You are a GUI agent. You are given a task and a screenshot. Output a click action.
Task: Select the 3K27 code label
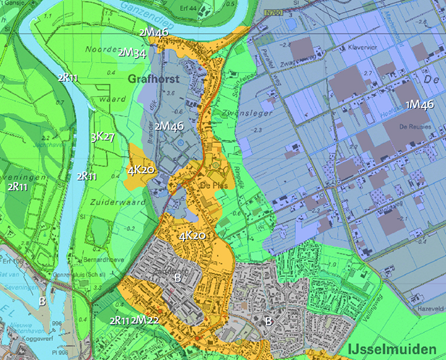[102, 137]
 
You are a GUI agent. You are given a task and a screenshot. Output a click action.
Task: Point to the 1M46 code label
[419, 104]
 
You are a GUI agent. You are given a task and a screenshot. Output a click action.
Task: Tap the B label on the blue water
[42, 299]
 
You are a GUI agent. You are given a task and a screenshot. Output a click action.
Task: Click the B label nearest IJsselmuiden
[268, 320]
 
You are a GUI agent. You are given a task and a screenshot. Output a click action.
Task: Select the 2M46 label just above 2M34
[153, 33]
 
